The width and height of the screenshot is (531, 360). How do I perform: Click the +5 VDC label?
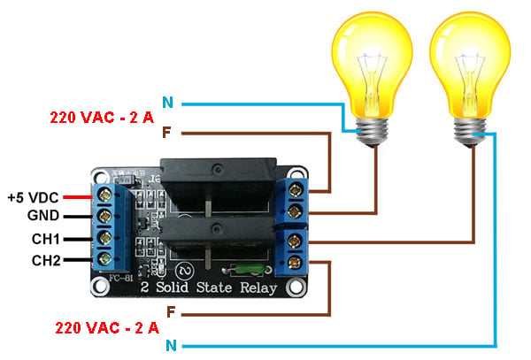pos(34,197)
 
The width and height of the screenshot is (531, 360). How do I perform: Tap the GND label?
pos(43,216)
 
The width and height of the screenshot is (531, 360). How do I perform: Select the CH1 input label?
pos(46,239)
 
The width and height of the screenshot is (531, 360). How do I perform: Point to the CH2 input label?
pos(46,261)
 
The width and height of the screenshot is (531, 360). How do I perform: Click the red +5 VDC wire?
pos(78,197)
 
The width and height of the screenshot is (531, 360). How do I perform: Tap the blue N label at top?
pos(167,103)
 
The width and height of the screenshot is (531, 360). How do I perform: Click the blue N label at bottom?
pos(172,346)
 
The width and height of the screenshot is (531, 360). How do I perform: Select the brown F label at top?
pos(166,133)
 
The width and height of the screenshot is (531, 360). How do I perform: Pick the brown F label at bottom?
pos(171,311)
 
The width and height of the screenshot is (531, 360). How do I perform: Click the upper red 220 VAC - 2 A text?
pos(102,118)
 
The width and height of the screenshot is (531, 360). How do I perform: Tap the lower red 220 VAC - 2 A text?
pos(107,328)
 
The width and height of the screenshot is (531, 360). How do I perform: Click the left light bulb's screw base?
pos(373,133)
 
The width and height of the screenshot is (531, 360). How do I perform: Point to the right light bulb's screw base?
pos(470,133)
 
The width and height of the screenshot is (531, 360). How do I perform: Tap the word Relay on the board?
pos(258,288)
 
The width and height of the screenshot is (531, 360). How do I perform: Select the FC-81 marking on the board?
pos(121,278)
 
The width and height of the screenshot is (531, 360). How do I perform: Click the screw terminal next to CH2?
pos(105,259)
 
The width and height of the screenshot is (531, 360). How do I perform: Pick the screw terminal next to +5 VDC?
pos(105,195)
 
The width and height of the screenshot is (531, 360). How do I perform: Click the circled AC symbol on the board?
pos(185,271)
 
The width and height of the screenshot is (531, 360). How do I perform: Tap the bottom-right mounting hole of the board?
pos(296,287)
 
